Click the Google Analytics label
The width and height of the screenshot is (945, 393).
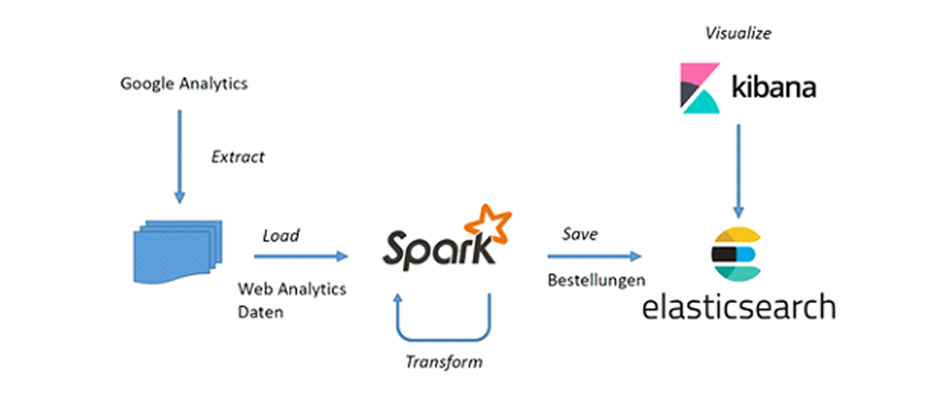pos(184,83)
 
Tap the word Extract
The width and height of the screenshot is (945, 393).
pos(238,157)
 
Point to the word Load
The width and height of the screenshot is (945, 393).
pos(280,236)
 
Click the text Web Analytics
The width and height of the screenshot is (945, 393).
pos(292,289)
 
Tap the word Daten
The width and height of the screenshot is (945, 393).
pos(261,312)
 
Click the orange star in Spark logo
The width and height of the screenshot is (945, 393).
pos(491,223)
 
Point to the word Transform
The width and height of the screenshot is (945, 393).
pos(443,361)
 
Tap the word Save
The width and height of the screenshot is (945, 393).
pos(580,234)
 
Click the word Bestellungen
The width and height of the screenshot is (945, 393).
pos(596,280)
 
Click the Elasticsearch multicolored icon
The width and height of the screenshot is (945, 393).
pos(735,253)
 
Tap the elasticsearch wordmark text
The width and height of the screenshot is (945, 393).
pos(738,306)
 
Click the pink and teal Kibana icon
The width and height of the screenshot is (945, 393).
pos(700,88)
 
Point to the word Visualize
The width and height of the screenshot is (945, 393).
pos(738,33)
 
